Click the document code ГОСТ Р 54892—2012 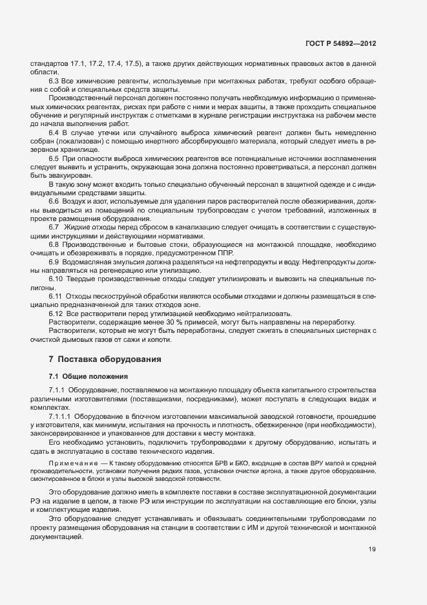(340, 44)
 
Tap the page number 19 (372, 550)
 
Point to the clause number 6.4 (54, 132)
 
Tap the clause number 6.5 (54, 158)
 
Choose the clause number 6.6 (54, 202)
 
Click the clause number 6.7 (54, 228)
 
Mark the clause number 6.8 (54, 245)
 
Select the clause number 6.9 (54, 262)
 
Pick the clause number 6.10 (56, 280)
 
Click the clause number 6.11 (56, 297)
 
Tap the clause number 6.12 (56, 314)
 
